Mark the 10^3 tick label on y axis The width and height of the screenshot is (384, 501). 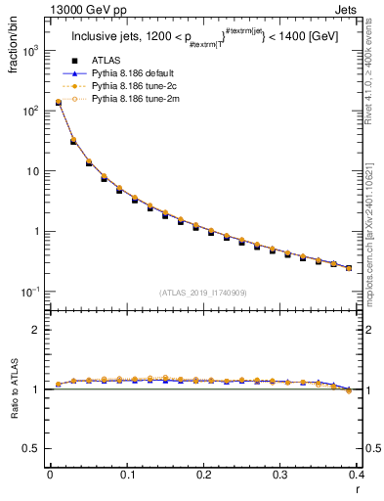click(x=30, y=50)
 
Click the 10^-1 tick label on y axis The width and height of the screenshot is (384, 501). click(x=30, y=292)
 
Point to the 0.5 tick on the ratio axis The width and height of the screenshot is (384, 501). click(x=32, y=448)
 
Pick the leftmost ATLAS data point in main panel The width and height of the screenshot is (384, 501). click(x=58, y=102)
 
